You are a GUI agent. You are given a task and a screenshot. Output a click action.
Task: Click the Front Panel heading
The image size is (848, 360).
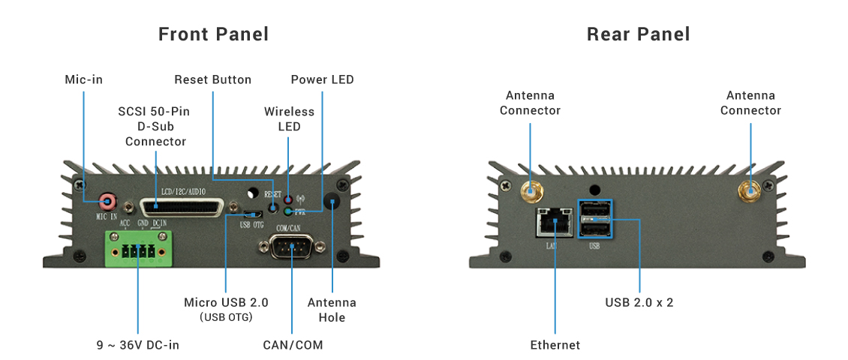pyautogui.click(x=213, y=34)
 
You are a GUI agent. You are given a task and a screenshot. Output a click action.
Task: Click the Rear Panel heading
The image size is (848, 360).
pyautogui.click(x=638, y=34)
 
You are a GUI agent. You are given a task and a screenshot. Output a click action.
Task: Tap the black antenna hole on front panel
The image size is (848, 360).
pyautogui.click(x=332, y=200)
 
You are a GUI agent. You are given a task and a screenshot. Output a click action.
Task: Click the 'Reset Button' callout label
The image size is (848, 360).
pyautogui.click(x=212, y=79)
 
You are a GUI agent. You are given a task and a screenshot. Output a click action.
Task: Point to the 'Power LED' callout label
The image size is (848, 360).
pyautogui.click(x=322, y=79)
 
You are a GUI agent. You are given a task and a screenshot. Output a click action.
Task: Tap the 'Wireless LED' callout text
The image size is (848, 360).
pyautogui.click(x=289, y=119)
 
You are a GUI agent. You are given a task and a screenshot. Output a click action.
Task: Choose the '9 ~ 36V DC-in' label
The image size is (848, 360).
pyautogui.click(x=138, y=345)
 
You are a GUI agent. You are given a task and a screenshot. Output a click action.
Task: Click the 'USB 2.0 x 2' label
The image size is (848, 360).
pyautogui.click(x=639, y=303)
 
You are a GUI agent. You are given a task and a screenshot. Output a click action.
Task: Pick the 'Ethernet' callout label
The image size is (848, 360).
pyautogui.click(x=555, y=345)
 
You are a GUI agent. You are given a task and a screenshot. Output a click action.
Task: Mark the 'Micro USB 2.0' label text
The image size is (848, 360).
pyautogui.click(x=226, y=303)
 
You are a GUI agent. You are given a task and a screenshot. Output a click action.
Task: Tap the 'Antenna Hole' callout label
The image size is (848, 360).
pyautogui.click(x=332, y=310)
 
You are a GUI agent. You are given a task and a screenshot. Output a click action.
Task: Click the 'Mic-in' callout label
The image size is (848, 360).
pyautogui.click(x=83, y=79)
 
